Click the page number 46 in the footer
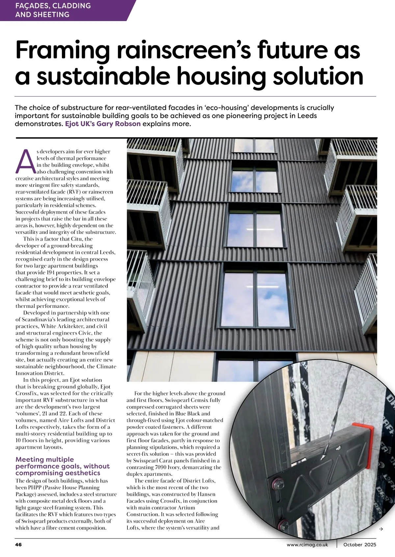click(x=18, y=544)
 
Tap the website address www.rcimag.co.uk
click(x=307, y=544)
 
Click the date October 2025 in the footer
click(x=359, y=544)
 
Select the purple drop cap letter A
click(x=25, y=161)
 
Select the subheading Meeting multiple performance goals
click(x=63, y=466)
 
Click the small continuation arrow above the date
click(x=381, y=529)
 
